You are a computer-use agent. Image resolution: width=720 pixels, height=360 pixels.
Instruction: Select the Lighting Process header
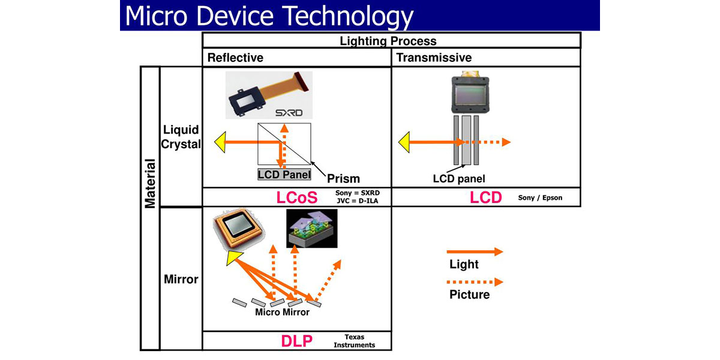[388, 41]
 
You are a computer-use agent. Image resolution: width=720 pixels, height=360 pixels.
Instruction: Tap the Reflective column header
[235, 58]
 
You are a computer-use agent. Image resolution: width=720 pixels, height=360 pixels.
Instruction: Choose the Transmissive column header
[434, 58]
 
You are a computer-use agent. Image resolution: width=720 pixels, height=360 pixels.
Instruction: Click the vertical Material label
[150, 183]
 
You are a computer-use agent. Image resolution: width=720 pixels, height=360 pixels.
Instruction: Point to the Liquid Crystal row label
[180, 137]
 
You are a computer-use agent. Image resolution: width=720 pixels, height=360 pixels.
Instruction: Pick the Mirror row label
[181, 279]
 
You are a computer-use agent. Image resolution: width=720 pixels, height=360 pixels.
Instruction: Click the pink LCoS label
[296, 197]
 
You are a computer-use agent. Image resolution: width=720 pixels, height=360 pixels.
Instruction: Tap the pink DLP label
[296, 341]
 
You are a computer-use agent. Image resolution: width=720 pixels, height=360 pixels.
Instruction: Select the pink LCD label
[486, 197]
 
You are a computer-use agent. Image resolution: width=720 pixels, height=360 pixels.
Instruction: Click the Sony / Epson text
[540, 197]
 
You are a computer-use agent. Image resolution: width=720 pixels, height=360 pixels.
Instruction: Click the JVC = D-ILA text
[358, 201]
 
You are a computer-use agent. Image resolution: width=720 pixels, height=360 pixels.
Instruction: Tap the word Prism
[343, 178]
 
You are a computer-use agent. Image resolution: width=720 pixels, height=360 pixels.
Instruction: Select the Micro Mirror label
[282, 313]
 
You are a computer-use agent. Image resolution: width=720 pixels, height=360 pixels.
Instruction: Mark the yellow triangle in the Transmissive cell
[406, 142]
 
